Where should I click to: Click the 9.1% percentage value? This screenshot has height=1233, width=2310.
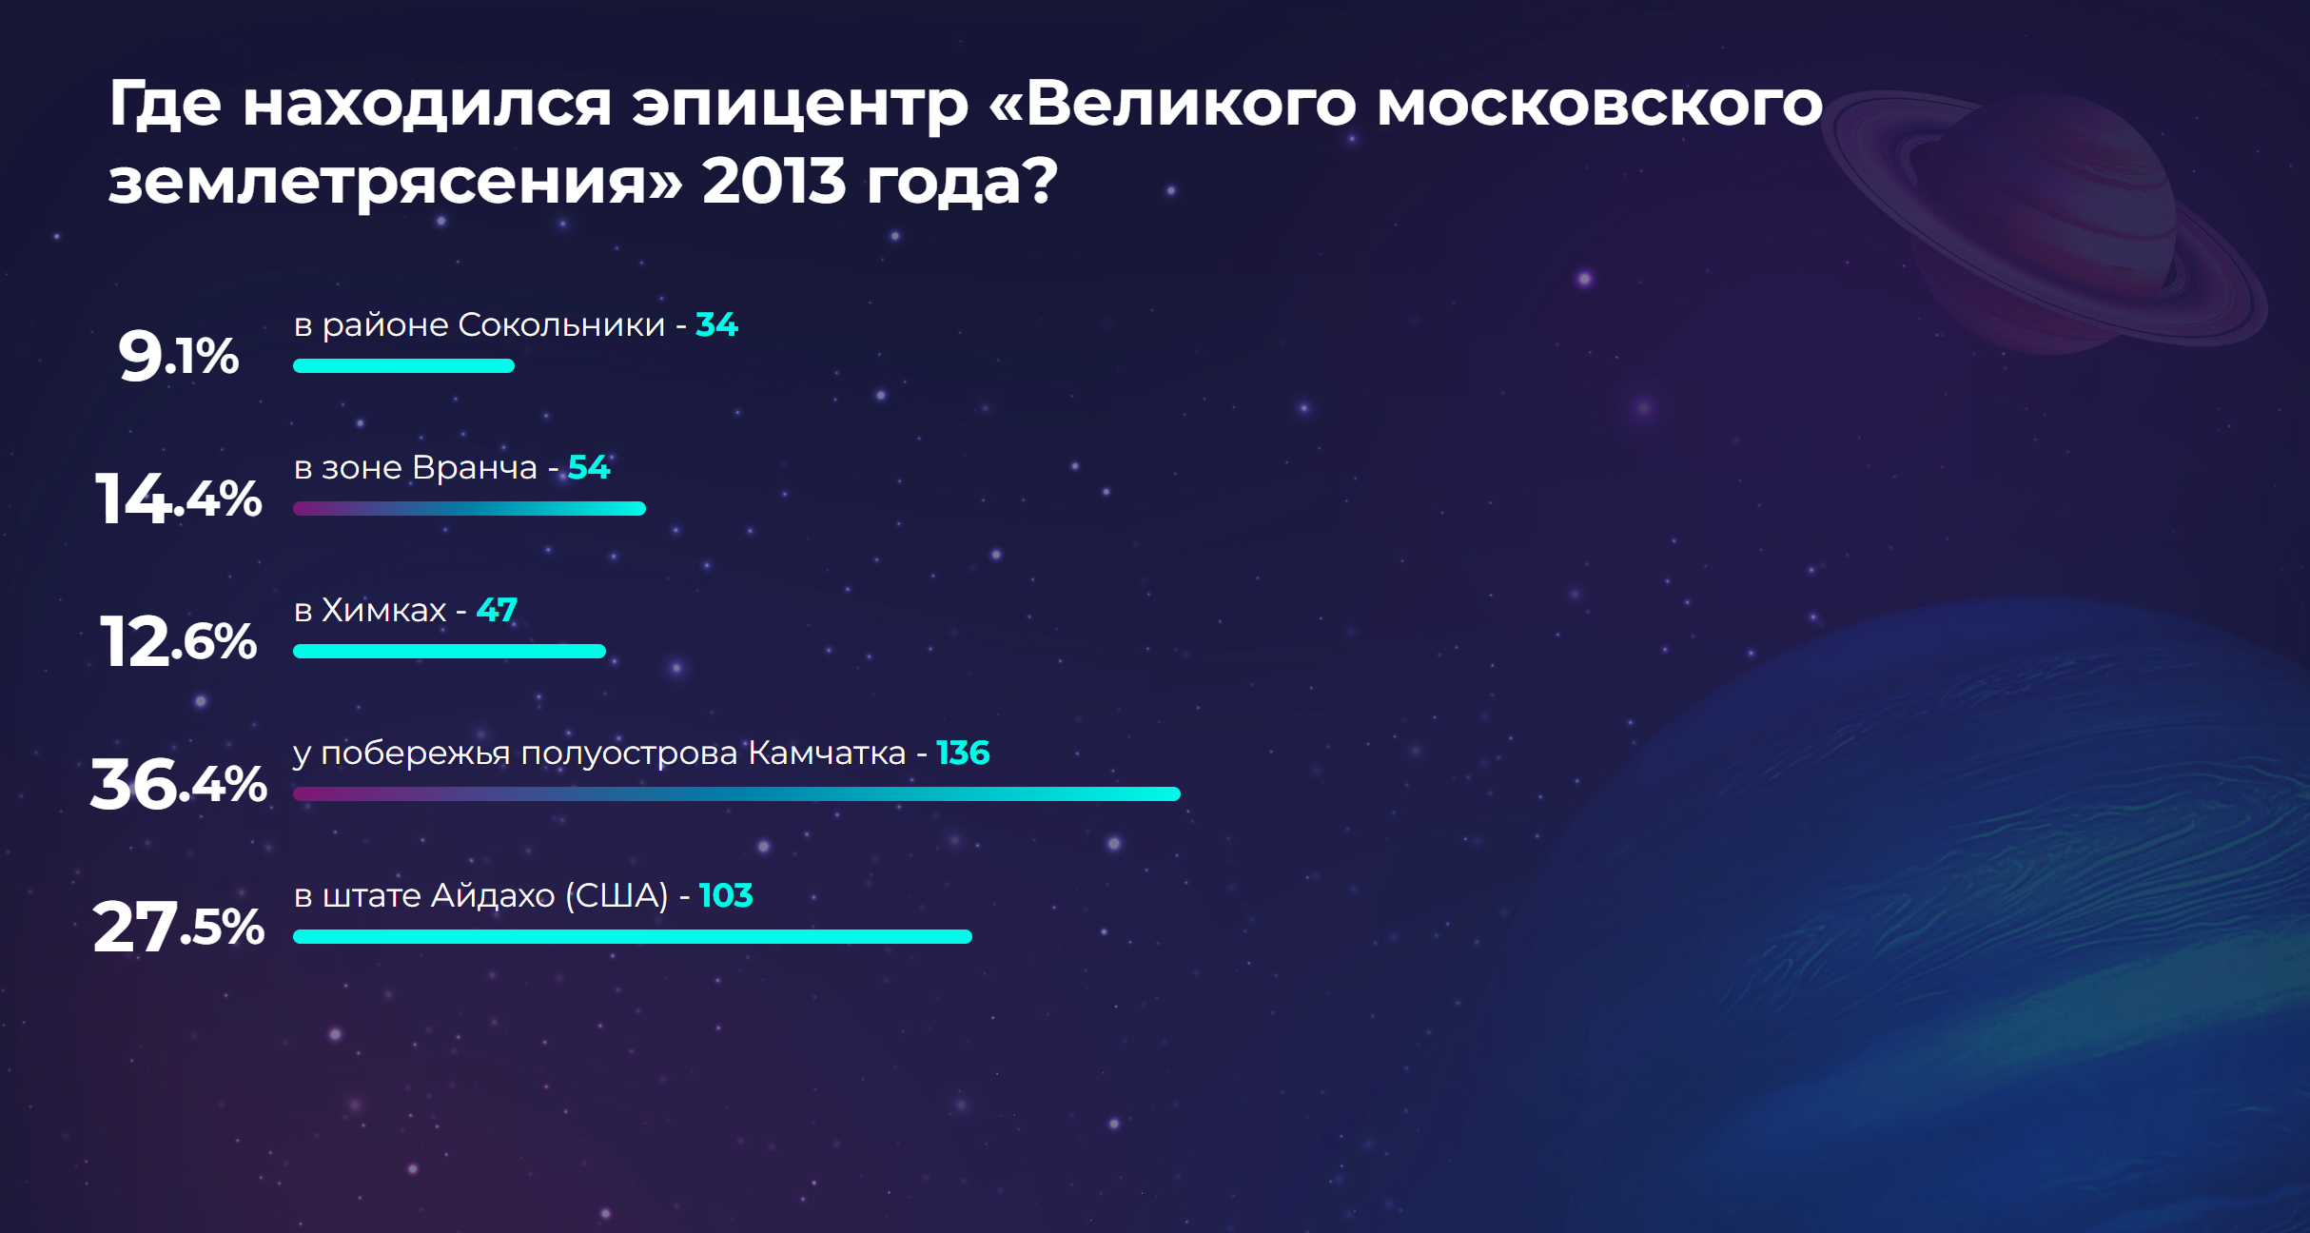(x=179, y=356)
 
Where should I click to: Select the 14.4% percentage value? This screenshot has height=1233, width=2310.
(x=179, y=499)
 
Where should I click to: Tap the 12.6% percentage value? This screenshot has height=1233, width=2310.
(x=179, y=641)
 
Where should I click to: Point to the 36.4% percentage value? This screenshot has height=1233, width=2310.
(x=179, y=784)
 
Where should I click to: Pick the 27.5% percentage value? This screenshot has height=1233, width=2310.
(x=179, y=927)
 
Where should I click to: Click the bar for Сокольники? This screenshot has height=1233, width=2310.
(x=403, y=365)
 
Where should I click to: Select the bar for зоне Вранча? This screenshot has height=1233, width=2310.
(x=469, y=508)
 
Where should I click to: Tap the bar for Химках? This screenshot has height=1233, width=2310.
(x=449, y=651)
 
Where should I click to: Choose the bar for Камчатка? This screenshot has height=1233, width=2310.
(x=736, y=793)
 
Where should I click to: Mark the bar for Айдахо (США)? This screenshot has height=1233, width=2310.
(x=633, y=936)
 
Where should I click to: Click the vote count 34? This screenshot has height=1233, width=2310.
(x=716, y=324)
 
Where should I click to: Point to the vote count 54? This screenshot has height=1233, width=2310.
(x=589, y=467)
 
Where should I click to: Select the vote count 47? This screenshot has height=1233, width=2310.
(x=497, y=610)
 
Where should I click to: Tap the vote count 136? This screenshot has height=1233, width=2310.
(x=963, y=753)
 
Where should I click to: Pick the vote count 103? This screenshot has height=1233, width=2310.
(x=726, y=895)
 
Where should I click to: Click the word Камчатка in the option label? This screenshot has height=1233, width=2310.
(x=827, y=753)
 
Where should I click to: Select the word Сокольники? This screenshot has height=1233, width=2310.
(x=561, y=324)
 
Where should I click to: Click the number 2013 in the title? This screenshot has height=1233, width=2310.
(x=773, y=181)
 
